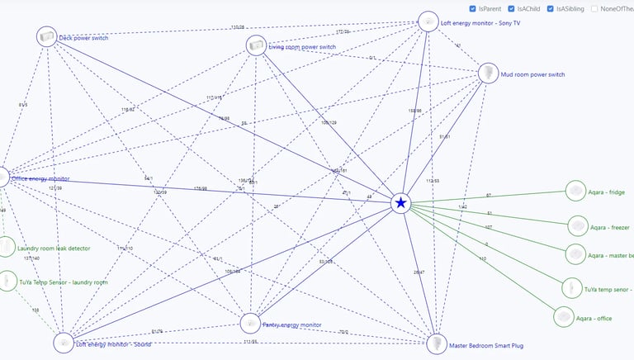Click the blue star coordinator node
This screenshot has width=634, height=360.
(401, 202)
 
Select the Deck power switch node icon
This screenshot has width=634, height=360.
(47, 36)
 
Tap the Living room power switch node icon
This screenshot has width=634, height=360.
(256, 46)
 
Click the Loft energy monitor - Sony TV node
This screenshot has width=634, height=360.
(428, 21)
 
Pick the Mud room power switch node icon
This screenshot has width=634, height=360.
(489, 73)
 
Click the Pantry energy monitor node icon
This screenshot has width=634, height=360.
(250, 323)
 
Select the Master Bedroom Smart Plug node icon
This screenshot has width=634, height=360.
(437, 343)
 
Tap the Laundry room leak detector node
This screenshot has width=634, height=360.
(5, 246)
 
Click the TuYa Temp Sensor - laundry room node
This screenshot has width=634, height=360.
(7, 282)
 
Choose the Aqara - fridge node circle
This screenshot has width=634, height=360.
(575, 192)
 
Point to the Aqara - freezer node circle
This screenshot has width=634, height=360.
(578, 225)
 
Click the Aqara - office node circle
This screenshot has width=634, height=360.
(563, 317)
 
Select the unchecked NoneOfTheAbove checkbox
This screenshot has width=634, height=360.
(594, 8)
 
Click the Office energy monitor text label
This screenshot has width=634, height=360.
(40, 178)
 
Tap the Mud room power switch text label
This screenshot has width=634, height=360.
(532, 74)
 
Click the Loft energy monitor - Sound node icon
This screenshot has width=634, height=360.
(64, 343)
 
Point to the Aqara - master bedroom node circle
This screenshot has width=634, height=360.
(575, 254)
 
